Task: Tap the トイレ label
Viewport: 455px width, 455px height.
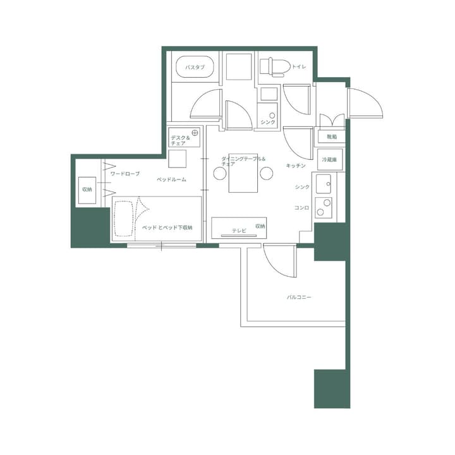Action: pyautogui.click(x=299, y=66)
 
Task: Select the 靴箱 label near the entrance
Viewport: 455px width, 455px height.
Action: pyautogui.click(x=332, y=136)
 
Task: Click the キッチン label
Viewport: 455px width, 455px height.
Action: pyautogui.click(x=296, y=166)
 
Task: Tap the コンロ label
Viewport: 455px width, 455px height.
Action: pyautogui.click(x=301, y=207)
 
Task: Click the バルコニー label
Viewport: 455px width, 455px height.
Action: pyautogui.click(x=299, y=296)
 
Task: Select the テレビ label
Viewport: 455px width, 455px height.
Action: pyautogui.click(x=239, y=231)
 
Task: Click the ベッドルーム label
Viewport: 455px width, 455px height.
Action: pyautogui.click(x=172, y=179)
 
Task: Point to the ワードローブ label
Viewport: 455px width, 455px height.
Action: pyautogui.click(x=125, y=173)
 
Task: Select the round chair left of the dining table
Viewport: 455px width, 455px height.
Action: pyautogui.click(x=220, y=173)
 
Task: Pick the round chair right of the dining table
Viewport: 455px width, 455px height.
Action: pyautogui.click(x=266, y=173)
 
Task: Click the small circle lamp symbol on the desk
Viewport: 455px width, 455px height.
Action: pyautogui.click(x=195, y=133)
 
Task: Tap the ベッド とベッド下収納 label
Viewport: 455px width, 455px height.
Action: pyautogui.click(x=167, y=227)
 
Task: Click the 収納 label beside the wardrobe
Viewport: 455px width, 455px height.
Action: pyautogui.click(x=87, y=189)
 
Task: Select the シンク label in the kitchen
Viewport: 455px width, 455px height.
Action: pyautogui.click(x=302, y=187)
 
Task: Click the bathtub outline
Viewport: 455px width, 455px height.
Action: pyautogui.click(x=194, y=67)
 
